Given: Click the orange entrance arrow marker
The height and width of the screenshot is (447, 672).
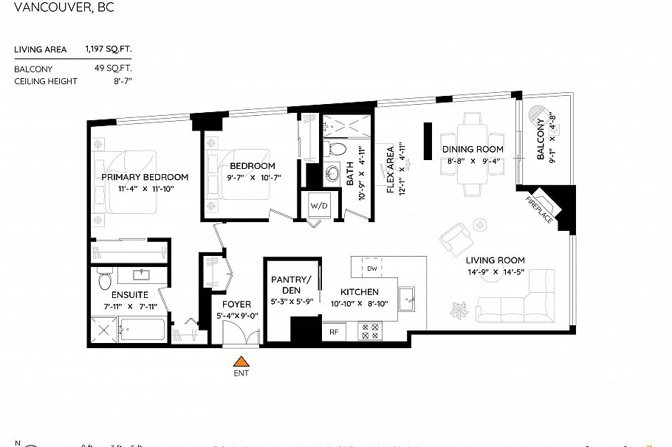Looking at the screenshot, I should tap(240, 361).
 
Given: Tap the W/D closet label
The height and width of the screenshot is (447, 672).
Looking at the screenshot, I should tap(319, 204).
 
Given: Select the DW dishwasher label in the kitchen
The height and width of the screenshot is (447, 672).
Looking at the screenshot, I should tap(372, 268).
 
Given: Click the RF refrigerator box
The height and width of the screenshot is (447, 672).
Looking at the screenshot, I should tap(333, 332).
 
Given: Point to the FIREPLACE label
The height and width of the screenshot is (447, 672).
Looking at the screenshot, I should tap(539, 210).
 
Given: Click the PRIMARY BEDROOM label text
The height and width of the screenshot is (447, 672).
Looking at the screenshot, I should tap(145, 177).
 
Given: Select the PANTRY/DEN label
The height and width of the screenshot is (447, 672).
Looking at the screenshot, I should tap(291, 284).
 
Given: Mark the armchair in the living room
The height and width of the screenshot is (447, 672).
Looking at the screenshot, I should tap(455, 238).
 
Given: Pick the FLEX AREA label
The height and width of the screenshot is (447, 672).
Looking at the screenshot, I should tap(390, 169).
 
